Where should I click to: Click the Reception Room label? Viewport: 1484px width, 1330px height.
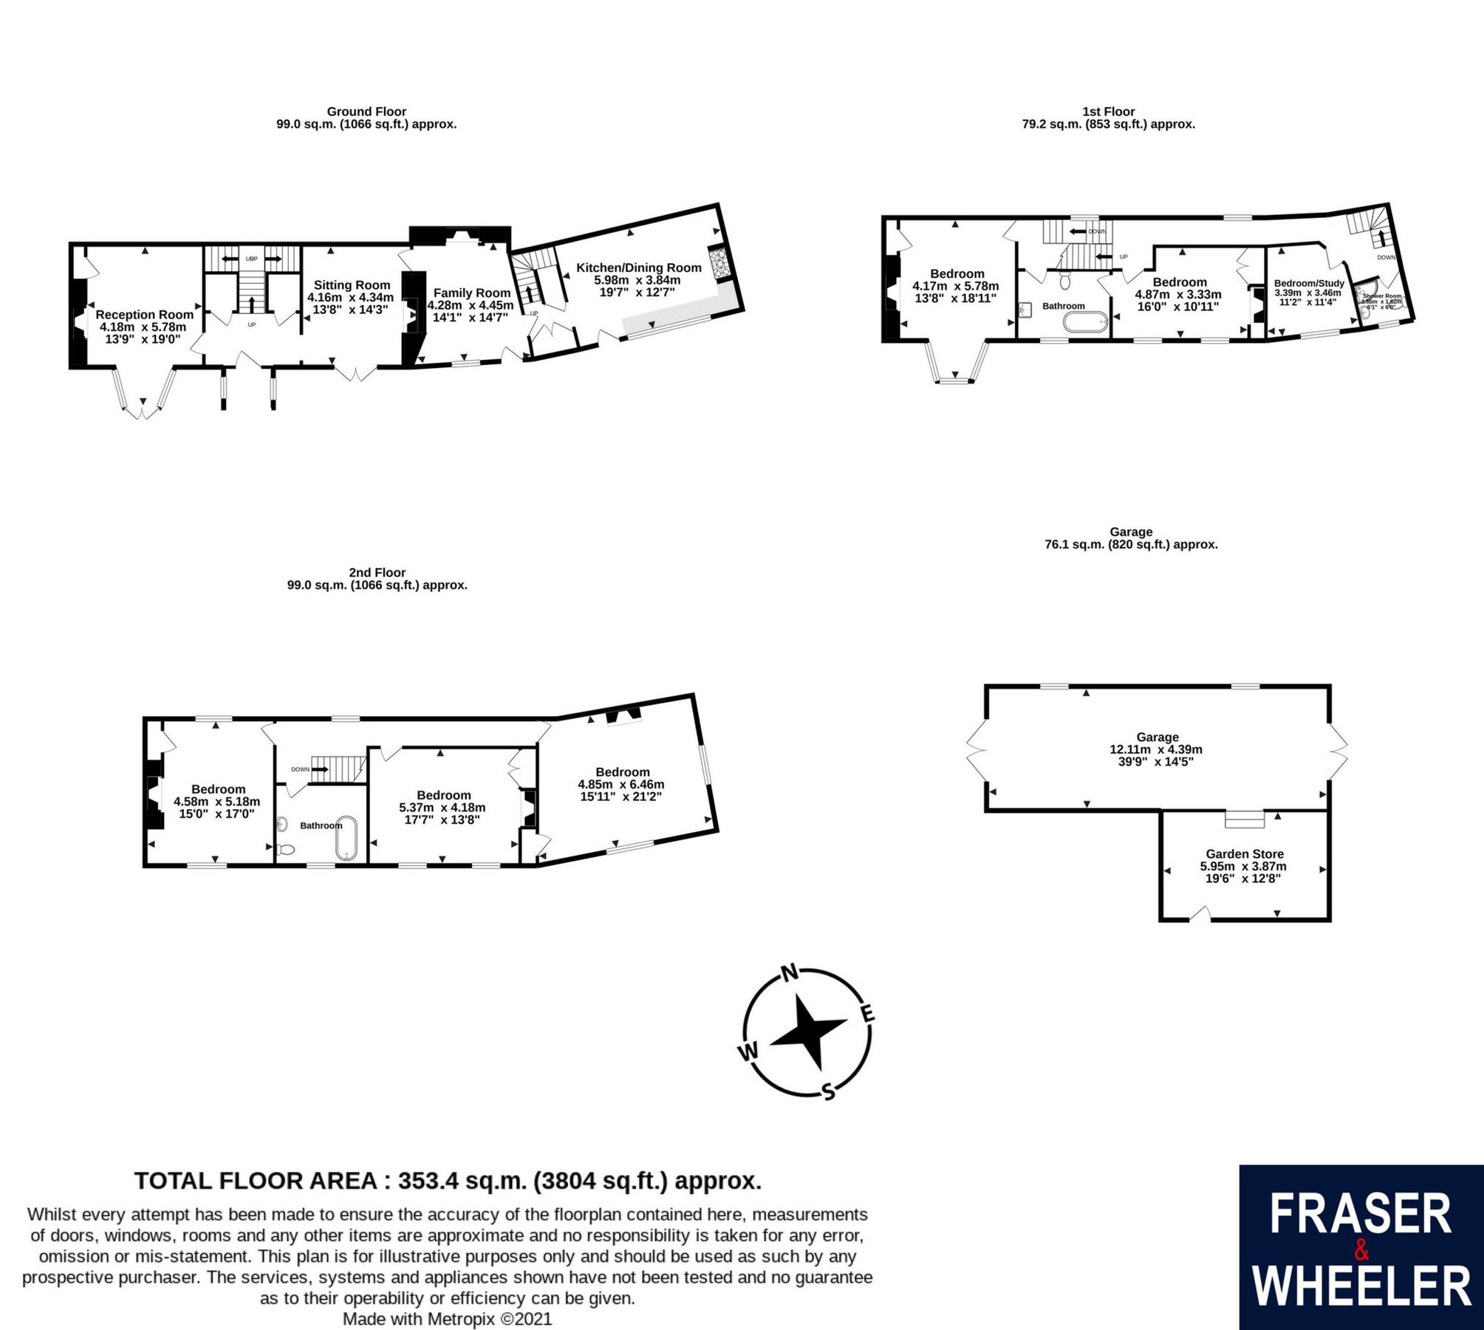pyautogui.click(x=144, y=315)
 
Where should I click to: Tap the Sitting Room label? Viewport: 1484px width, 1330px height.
pyautogui.click(x=352, y=285)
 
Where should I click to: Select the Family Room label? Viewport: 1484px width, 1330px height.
pyautogui.click(x=471, y=293)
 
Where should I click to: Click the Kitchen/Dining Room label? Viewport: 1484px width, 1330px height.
pyautogui.click(x=638, y=268)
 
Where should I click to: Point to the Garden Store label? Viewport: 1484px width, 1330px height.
pyautogui.click(x=1244, y=854)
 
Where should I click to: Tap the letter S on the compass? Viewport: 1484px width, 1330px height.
pyautogui.click(x=828, y=1091)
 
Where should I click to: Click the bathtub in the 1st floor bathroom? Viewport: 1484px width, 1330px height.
pyautogui.click(x=1085, y=323)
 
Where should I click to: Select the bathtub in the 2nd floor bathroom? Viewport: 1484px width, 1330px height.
pyautogui.click(x=346, y=839)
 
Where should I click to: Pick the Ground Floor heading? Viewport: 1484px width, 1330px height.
pyautogui.click(x=366, y=112)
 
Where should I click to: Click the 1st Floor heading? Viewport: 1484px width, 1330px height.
pyautogui.click(x=1108, y=112)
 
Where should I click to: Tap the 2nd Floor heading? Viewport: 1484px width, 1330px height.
pyautogui.click(x=377, y=573)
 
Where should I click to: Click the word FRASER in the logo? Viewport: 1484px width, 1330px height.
pyautogui.click(x=1361, y=1215)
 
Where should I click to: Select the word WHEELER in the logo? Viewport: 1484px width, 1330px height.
pyautogui.click(x=1361, y=1286)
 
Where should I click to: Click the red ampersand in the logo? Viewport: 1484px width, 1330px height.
pyautogui.click(x=1361, y=1250)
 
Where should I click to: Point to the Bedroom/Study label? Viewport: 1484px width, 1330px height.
pyautogui.click(x=1309, y=283)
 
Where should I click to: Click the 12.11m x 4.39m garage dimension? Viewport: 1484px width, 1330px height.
pyautogui.click(x=1157, y=749)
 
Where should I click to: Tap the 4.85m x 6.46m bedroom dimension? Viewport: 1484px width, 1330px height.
pyautogui.click(x=620, y=785)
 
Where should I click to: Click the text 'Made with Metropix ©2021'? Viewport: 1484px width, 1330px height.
pyautogui.click(x=447, y=1319)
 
